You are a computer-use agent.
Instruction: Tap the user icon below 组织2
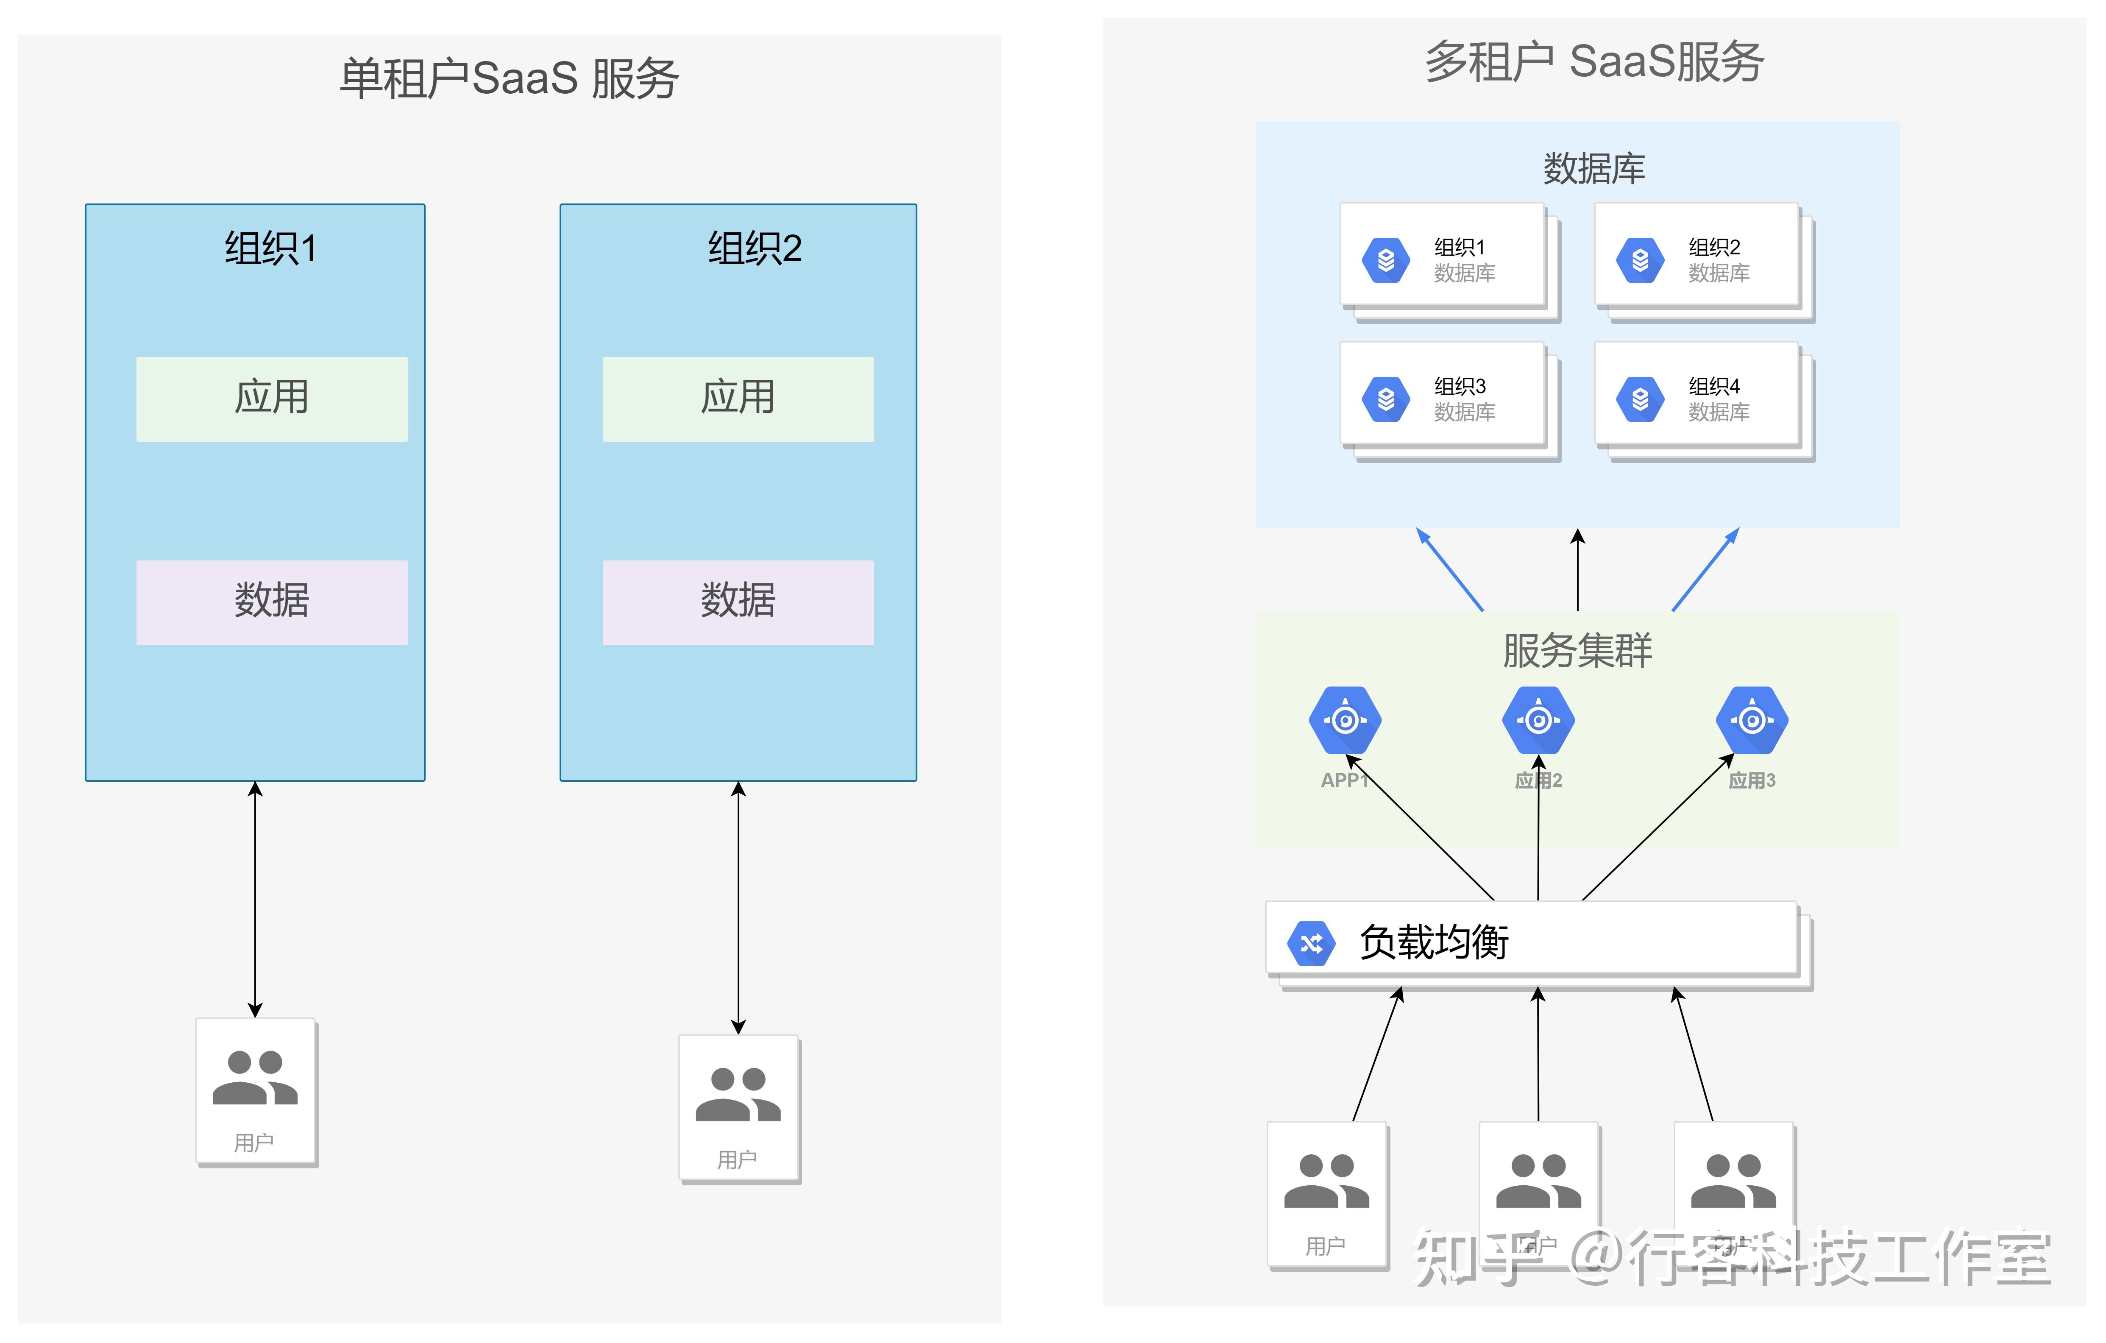[x=738, y=1108]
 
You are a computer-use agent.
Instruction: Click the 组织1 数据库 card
[x=1443, y=259]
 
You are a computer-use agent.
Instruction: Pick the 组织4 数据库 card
[x=1696, y=398]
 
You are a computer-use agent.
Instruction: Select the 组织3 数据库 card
[x=1443, y=398]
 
